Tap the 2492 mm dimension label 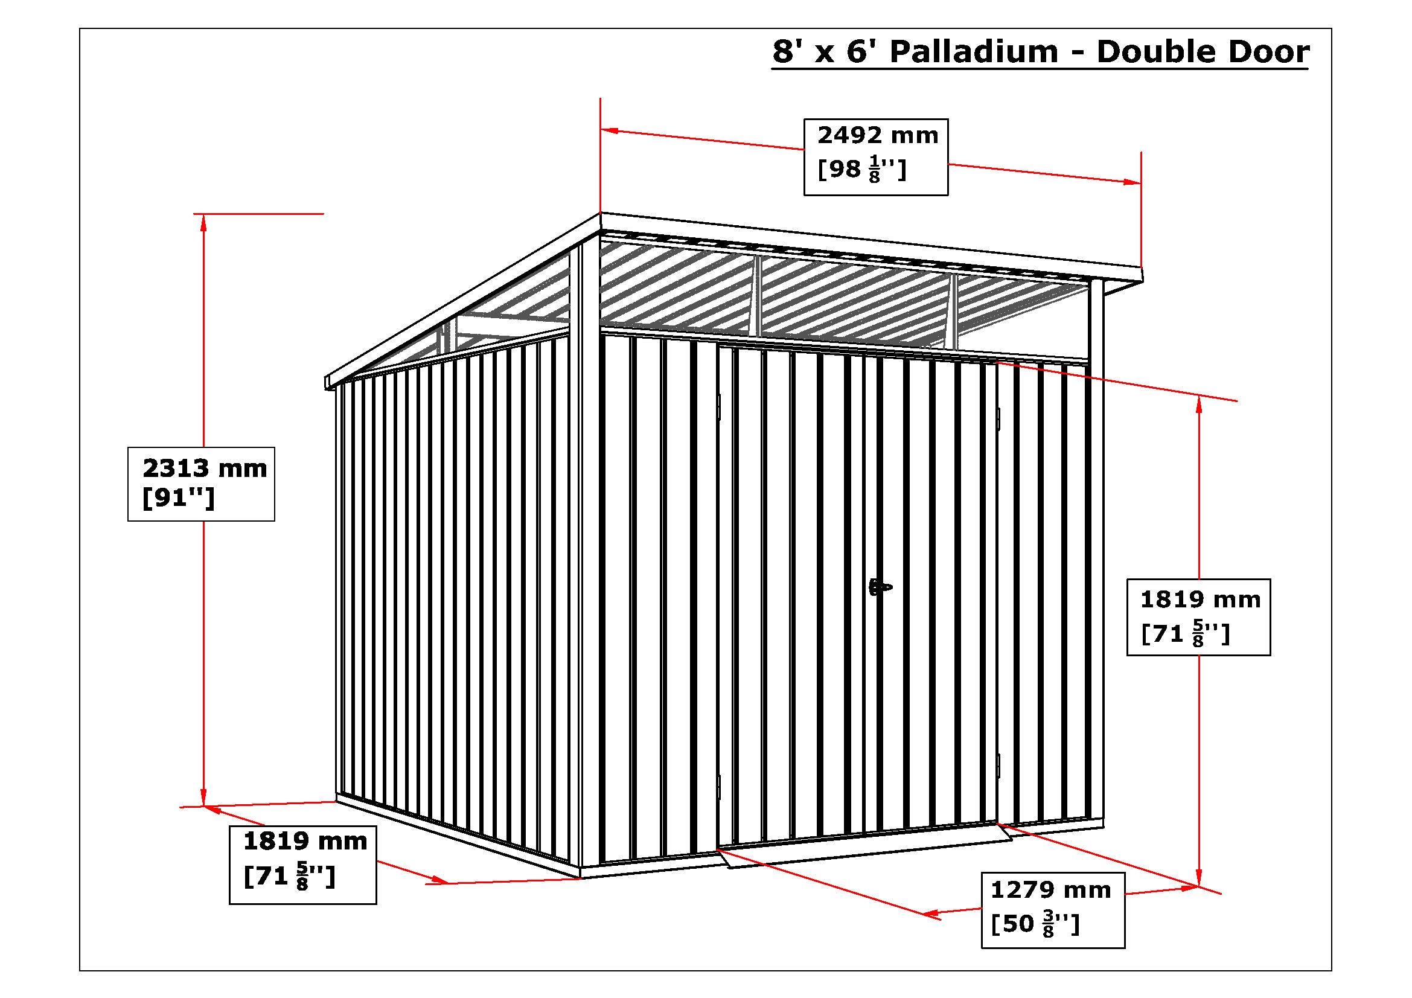[878, 135]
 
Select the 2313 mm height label [205, 469]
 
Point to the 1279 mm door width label [1050, 890]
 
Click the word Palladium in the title [974, 52]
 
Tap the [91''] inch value [178, 499]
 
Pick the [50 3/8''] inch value [1035, 924]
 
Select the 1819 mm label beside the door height [1201, 599]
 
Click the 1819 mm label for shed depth [305, 841]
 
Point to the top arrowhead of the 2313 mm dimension [203, 222]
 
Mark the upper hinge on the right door [998, 420]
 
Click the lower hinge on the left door [718, 787]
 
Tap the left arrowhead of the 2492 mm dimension [610, 130]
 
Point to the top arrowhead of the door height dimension [1199, 405]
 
